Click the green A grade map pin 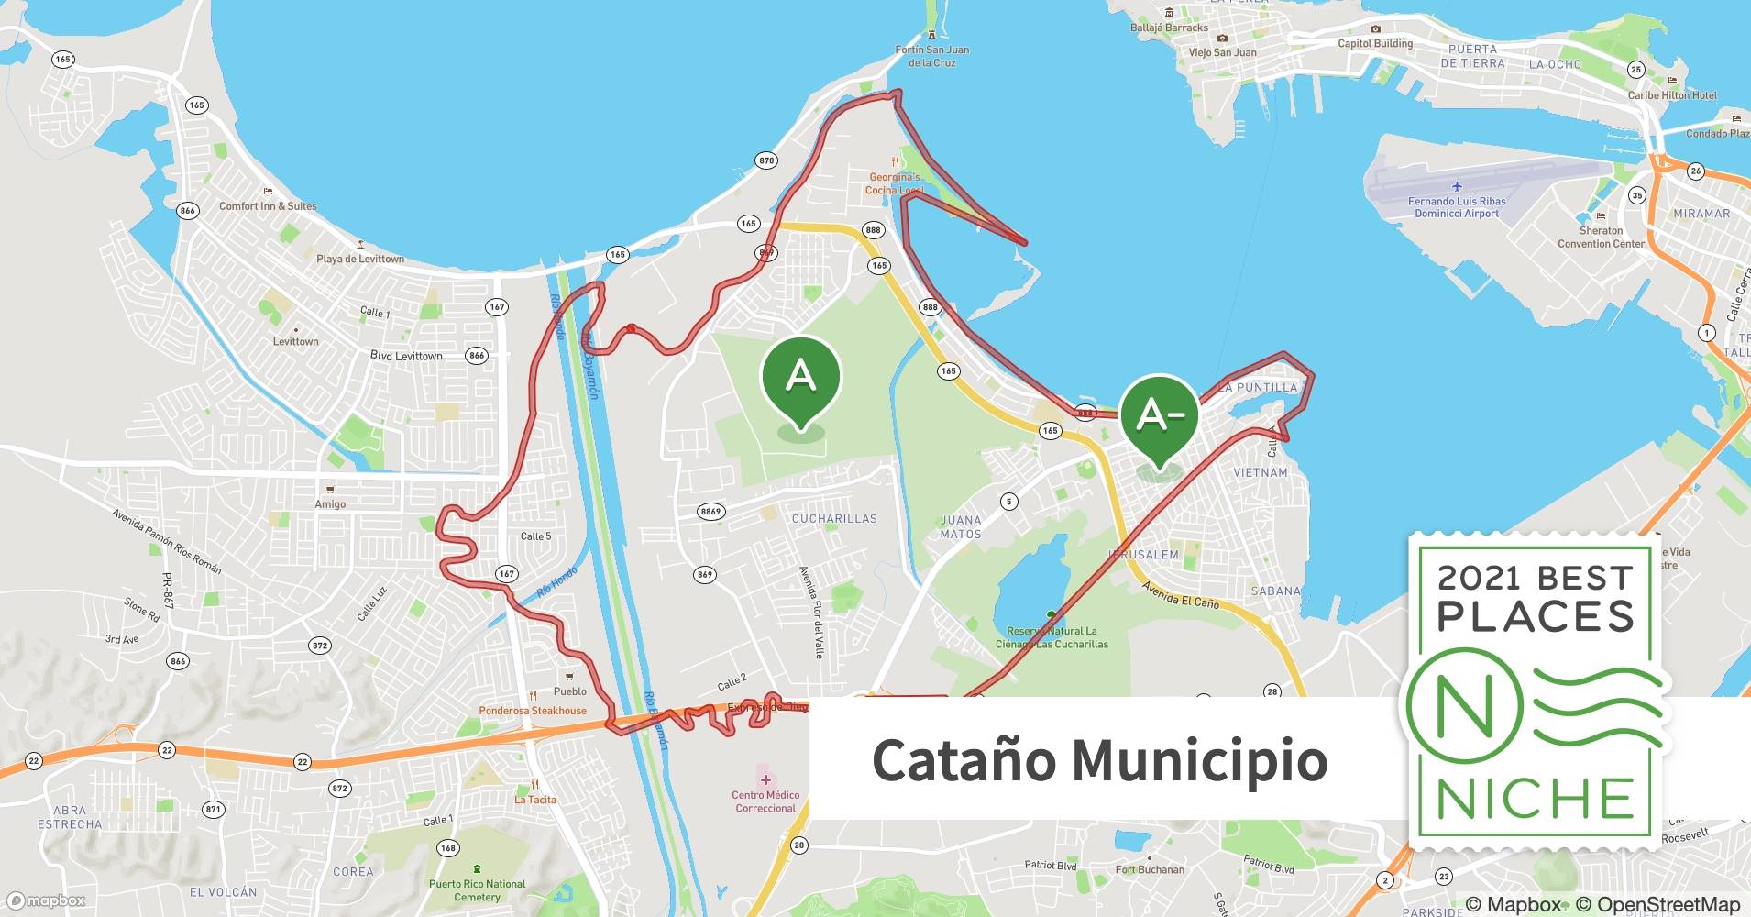click(x=800, y=379)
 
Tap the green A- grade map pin click(x=1159, y=417)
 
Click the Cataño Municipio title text click(x=1099, y=759)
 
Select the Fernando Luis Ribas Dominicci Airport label click(x=1457, y=207)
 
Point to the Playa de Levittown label click(x=360, y=259)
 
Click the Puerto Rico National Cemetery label click(x=477, y=890)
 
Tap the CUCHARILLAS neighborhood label click(x=834, y=519)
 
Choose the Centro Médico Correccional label click(x=765, y=801)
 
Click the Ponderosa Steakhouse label click(x=533, y=711)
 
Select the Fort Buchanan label click(x=1150, y=869)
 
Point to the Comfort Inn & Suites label click(x=268, y=206)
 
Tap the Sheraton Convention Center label click(x=1601, y=237)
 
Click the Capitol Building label click(x=1375, y=43)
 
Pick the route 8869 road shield click(x=710, y=512)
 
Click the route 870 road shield click(x=766, y=160)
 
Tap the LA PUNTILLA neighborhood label click(x=1261, y=388)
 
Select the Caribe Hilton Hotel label click(x=1672, y=95)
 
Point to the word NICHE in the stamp click(x=1536, y=799)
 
